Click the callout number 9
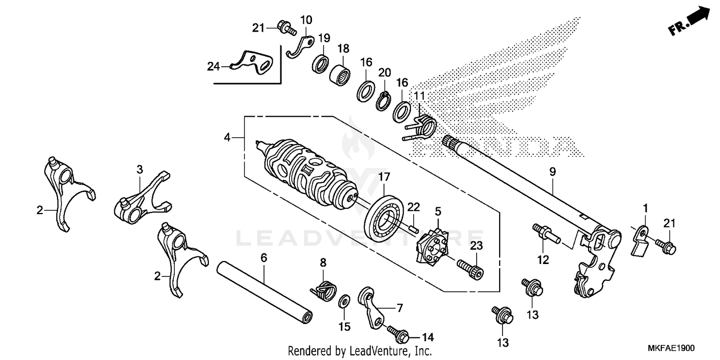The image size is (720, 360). click(x=552, y=170)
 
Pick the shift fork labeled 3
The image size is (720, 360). click(x=143, y=197)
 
